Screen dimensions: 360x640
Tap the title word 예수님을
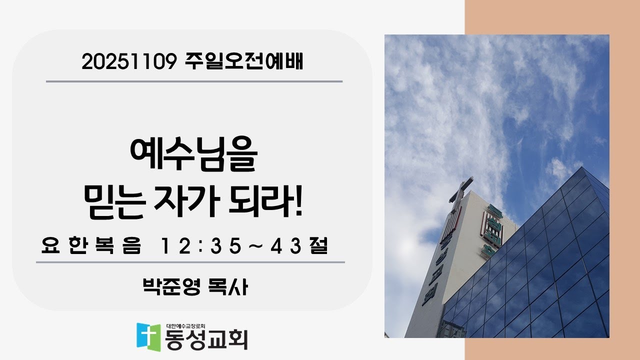(193, 156)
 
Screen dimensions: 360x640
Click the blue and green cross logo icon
(149, 336)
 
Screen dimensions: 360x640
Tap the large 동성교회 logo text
(207, 339)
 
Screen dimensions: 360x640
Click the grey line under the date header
(194, 81)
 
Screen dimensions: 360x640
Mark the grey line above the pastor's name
(190, 262)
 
